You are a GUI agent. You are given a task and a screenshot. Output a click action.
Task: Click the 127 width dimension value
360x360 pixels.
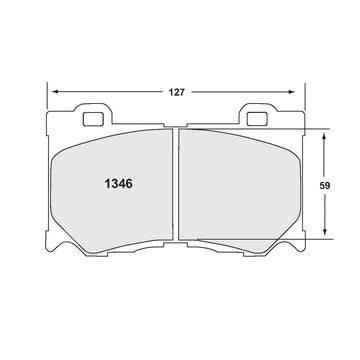(x=176, y=92)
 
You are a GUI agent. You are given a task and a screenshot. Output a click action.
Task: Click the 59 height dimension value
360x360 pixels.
(x=325, y=186)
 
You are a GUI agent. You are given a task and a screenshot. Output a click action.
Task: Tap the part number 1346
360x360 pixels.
(x=119, y=184)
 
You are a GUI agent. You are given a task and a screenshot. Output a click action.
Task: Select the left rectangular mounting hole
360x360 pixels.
(x=93, y=119)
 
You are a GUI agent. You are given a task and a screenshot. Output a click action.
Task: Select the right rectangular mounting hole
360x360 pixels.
(x=257, y=119)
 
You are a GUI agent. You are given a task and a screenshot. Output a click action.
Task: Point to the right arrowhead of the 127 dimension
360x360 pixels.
(x=291, y=92)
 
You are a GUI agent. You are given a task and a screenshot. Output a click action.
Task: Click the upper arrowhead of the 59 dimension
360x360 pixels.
(x=324, y=136)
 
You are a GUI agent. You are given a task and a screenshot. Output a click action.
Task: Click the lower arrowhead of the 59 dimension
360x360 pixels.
(x=325, y=232)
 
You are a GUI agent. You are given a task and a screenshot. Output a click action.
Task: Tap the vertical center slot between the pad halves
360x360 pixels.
(x=175, y=184)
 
